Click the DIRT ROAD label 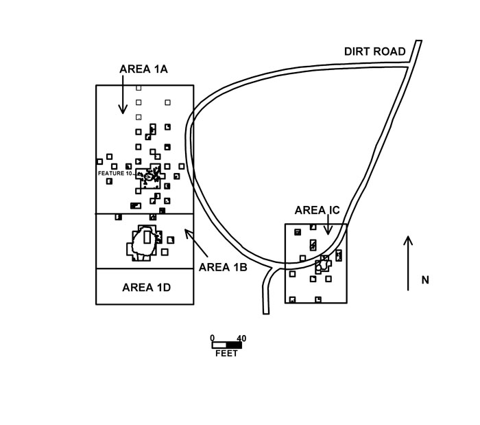click(x=374, y=51)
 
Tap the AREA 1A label click(x=143, y=69)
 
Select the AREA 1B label click(x=223, y=267)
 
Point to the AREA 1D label click(x=146, y=288)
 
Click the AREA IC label click(x=317, y=210)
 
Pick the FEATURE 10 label click(x=115, y=174)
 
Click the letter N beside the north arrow click(x=425, y=280)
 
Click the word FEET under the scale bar click(x=226, y=354)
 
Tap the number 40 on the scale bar click(x=241, y=338)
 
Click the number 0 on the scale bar click(x=213, y=338)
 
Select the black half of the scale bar click(x=235, y=345)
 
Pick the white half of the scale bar click(x=219, y=345)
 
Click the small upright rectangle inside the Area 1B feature click(x=147, y=238)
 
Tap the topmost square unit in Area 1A click(x=139, y=89)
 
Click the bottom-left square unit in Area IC click(x=292, y=299)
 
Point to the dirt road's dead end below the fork click(x=266, y=314)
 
